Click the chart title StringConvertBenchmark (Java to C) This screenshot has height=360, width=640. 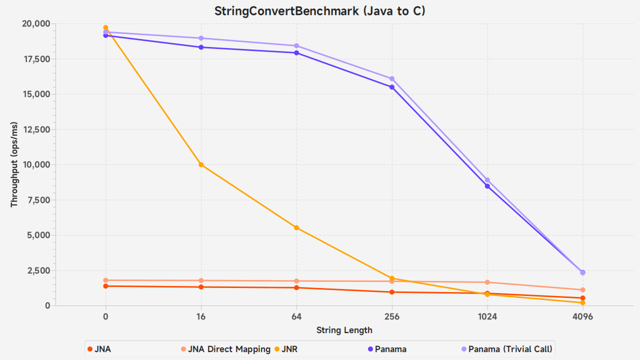pos(320,11)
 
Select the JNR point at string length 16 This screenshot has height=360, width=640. pos(201,164)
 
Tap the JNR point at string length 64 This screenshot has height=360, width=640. pos(296,227)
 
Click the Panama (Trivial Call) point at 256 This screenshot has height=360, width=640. pos(392,78)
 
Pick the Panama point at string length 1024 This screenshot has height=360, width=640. pos(487,186)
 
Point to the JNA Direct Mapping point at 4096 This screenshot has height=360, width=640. pos(583,290)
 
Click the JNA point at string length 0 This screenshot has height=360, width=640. pos(105,286)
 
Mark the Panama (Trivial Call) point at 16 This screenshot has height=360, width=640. pos(201,38)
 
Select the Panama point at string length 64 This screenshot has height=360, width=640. pos(296,52)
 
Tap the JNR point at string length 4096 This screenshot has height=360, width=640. pos(583,302)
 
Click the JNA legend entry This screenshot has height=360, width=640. pos(99,349)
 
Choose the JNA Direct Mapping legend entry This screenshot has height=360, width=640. pos(225,349)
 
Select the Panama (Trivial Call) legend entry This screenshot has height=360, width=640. pos(506,349)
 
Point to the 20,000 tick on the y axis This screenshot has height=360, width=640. pos(35,23)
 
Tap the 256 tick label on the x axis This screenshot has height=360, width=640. pos(392,316)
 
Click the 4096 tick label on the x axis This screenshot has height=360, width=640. pos(583,316)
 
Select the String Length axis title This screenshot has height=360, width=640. pos(344,330)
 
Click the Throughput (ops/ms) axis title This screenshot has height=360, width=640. pos(14,164)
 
